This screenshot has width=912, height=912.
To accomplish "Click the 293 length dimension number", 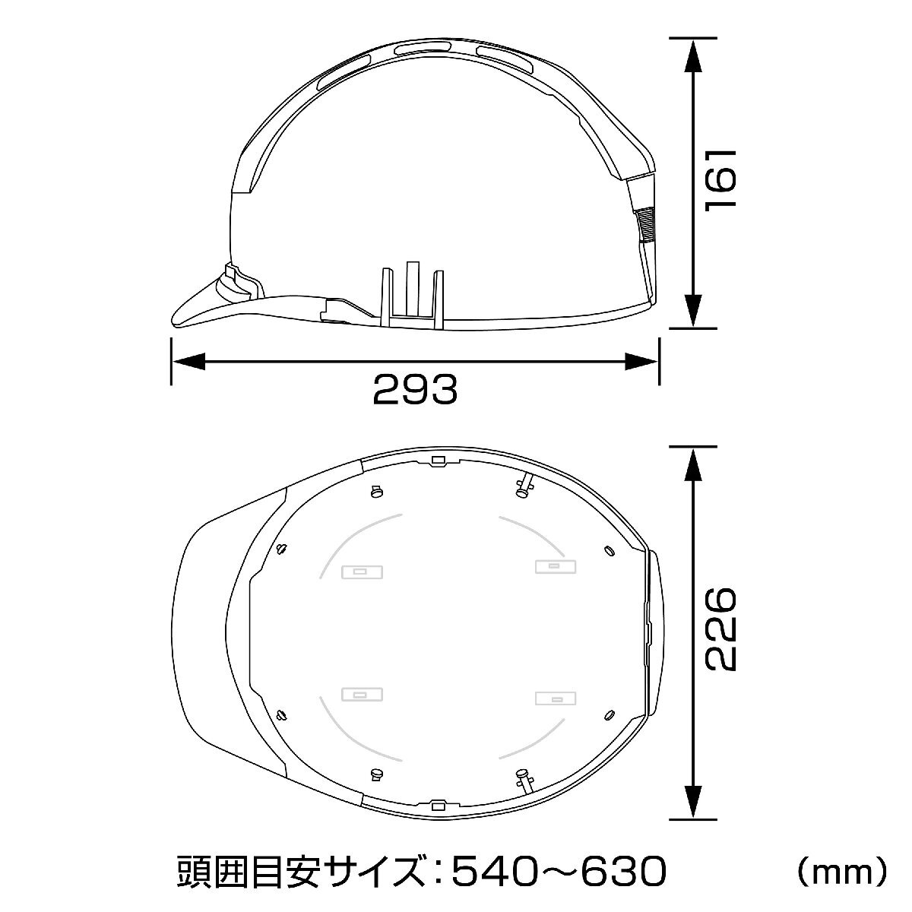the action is [415, 389].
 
